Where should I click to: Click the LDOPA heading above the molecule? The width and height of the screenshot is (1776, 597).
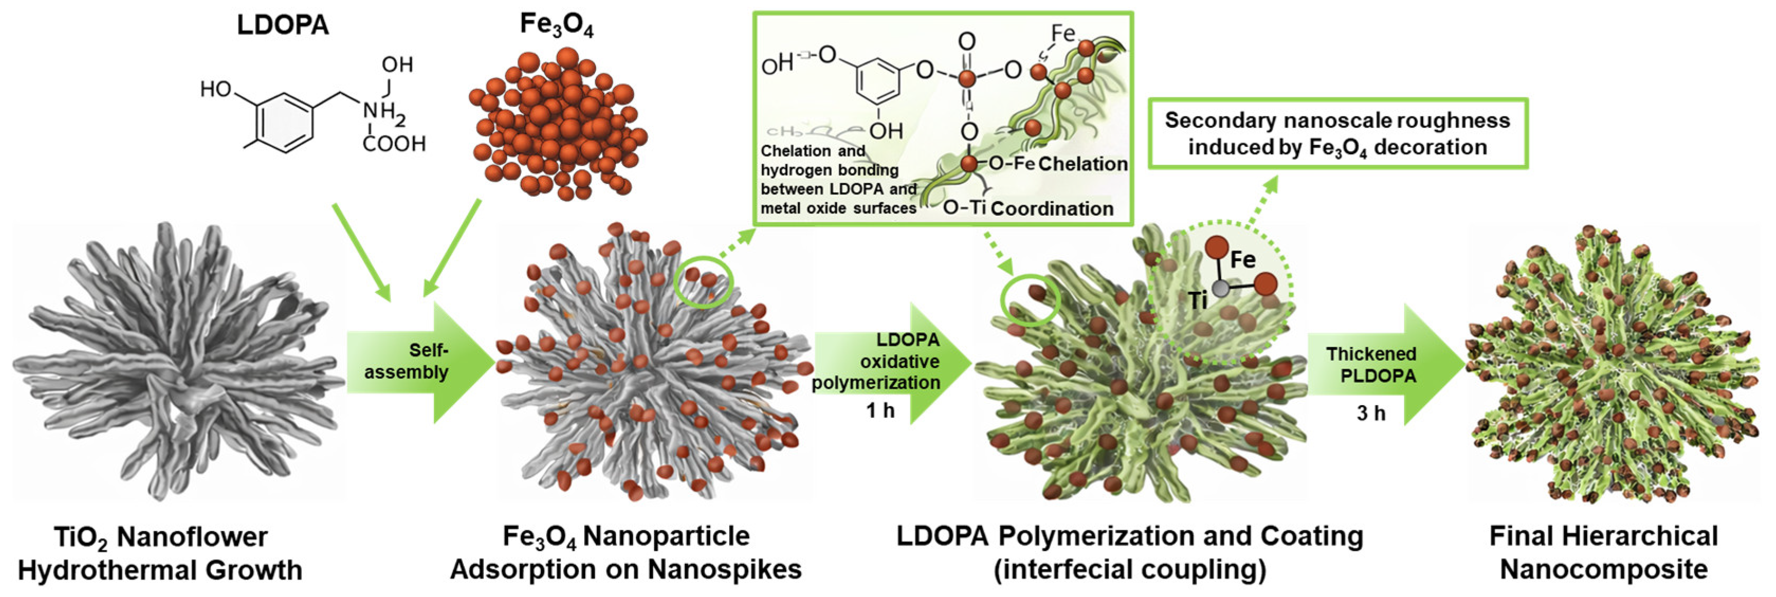tap(283, 25)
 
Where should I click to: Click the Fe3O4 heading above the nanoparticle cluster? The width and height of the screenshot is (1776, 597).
tap(556, 25)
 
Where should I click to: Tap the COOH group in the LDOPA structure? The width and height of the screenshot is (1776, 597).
tap(394, 143)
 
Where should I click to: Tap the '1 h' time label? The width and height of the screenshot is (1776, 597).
tap(880, 411)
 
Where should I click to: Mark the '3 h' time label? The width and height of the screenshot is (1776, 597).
tap(1370, 413)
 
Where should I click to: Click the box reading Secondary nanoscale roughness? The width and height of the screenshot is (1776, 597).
tap(1338, 134)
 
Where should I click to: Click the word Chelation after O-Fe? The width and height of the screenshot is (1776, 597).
tap(1082, 164)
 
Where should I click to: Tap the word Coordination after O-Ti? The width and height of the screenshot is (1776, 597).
tap(1052, 208)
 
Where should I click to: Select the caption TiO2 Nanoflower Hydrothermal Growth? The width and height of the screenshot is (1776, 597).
tap(160, 554)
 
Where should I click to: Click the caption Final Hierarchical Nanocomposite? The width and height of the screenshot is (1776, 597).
tap(1604, 554)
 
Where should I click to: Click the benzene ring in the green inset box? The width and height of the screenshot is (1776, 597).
tap(878, 84)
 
